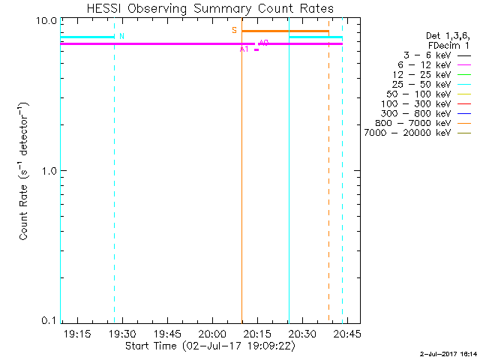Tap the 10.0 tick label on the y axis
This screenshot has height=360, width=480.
[48, 20]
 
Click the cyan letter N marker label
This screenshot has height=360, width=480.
[122, 36]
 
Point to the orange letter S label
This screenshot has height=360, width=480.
[234, 31]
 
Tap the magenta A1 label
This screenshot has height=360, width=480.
[244, 49]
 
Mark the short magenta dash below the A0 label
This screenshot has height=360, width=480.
[256, 49]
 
